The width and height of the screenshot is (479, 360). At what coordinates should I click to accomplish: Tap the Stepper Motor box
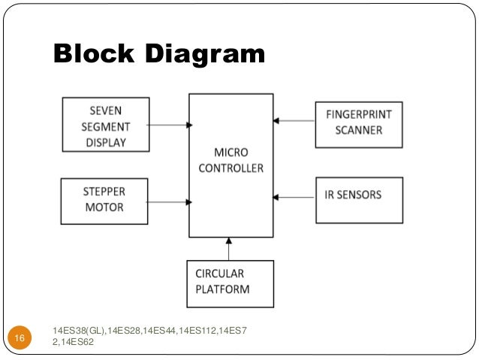(x=104, y=201)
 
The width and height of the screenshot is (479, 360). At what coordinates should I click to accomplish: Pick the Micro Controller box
(x=230, y=165)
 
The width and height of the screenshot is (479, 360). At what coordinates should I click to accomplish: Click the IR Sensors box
(x=359, y=200)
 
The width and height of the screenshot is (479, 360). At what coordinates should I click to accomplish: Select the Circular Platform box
(x=230, y=283)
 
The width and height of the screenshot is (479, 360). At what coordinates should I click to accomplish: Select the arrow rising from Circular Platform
(x=230, y=249)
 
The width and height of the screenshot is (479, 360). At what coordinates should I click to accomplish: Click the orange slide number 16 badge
(x=20, y=340)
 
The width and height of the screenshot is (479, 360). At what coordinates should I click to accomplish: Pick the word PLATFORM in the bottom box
(x=223, y=289)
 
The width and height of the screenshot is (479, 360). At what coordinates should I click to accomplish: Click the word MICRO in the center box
(x=230, y=153)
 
